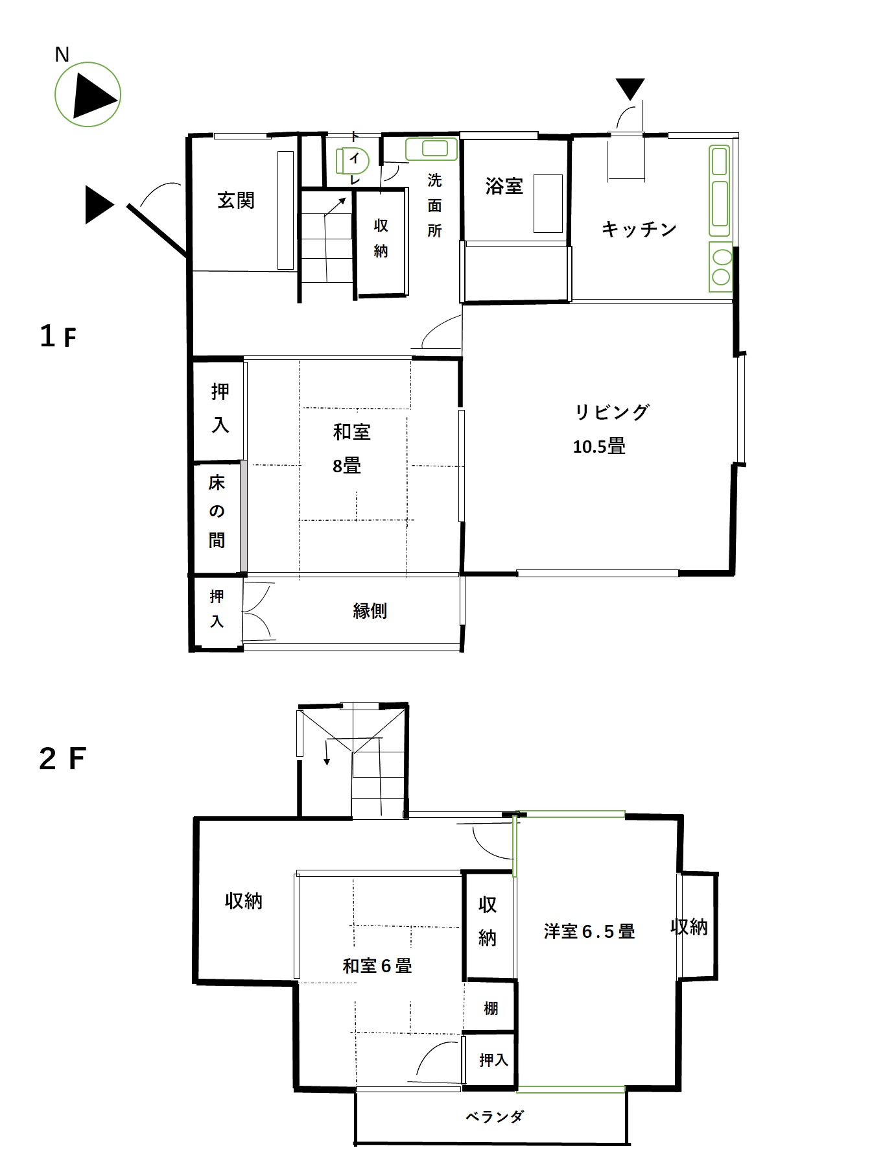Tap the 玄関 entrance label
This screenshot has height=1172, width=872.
(x=235, y=200)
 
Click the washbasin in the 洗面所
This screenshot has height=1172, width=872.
(x=431, y=149)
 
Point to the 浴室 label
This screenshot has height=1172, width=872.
(x=504, y=186)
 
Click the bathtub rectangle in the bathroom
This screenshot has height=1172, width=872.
(x=548, y=203)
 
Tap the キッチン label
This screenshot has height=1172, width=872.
(x=639, y=229)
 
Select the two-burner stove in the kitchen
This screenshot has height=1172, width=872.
(x=721, y=267)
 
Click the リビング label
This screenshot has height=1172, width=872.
(x=611, y=412)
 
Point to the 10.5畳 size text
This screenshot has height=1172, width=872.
(x=599, y=446)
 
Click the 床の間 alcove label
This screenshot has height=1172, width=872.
(x=217, y=511)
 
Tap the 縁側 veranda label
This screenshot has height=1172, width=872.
(x=370, y=610)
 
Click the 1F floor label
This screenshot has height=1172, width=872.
(x=58, y=337)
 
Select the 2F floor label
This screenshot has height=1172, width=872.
(x=62, y=759)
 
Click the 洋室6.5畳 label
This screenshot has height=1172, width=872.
(x=589, y=931)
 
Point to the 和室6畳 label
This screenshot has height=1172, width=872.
(x=377, y=966)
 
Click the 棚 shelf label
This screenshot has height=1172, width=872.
(x=491, y=1009)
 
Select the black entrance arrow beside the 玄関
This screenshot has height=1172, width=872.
(x=100, y=205)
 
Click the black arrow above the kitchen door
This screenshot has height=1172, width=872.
(x=630, y=89)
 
